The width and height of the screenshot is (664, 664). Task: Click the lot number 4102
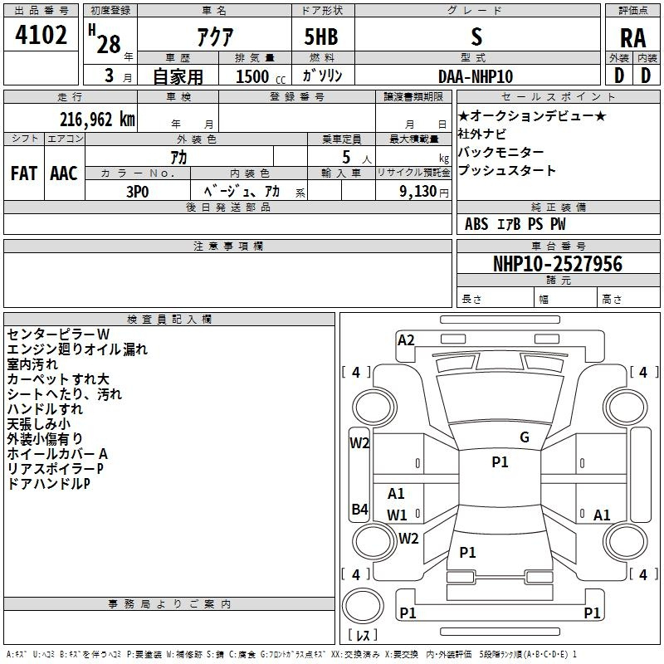(x=41, y=37)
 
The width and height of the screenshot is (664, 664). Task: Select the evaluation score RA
(x=633, y=38)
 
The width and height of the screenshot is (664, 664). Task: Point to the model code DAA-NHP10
(x=476, y=76)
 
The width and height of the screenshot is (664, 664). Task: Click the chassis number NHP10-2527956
(x=557, y=265)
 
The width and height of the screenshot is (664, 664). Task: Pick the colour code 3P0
(x=137, y=190)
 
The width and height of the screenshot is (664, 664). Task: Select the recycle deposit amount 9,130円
(x=413, y=190)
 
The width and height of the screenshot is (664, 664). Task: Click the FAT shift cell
(x=23, y=173)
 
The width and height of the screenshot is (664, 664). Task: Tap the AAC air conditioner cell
(x=64, y=173)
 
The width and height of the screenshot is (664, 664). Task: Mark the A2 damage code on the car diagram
(x=406, y=339)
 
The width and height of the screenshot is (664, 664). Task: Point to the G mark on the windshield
(x=524, y=437)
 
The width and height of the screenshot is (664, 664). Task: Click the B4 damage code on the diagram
(x=359, y=510)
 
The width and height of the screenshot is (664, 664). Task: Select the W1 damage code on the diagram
(x=398, y=515)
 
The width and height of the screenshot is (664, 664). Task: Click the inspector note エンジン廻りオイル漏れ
(x=76, y=349)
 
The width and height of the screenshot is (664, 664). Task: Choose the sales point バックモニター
(x=501, y=153)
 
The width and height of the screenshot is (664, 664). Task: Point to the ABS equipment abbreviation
(x=476, y=224)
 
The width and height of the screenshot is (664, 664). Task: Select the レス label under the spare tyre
(x=363, y=636)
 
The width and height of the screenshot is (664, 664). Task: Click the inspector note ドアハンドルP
(x=47, y=484)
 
